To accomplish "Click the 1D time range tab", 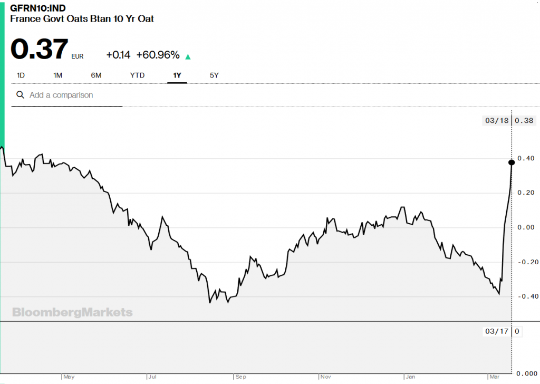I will (21, 75).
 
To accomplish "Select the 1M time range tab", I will (58, 75).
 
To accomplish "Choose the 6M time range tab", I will (96, 75).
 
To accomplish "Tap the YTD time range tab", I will (137, 75).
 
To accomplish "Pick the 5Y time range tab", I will (214, 75).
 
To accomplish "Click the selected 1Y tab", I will (177, 75).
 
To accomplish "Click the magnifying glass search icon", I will (21, 95).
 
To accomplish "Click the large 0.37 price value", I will (40, 50).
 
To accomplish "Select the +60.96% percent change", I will (158, 55).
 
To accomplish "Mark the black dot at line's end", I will (512, 162).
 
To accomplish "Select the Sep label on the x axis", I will (240, 377).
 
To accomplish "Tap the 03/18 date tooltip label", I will (496, 120).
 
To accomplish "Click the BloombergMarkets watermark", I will (72, 312).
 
